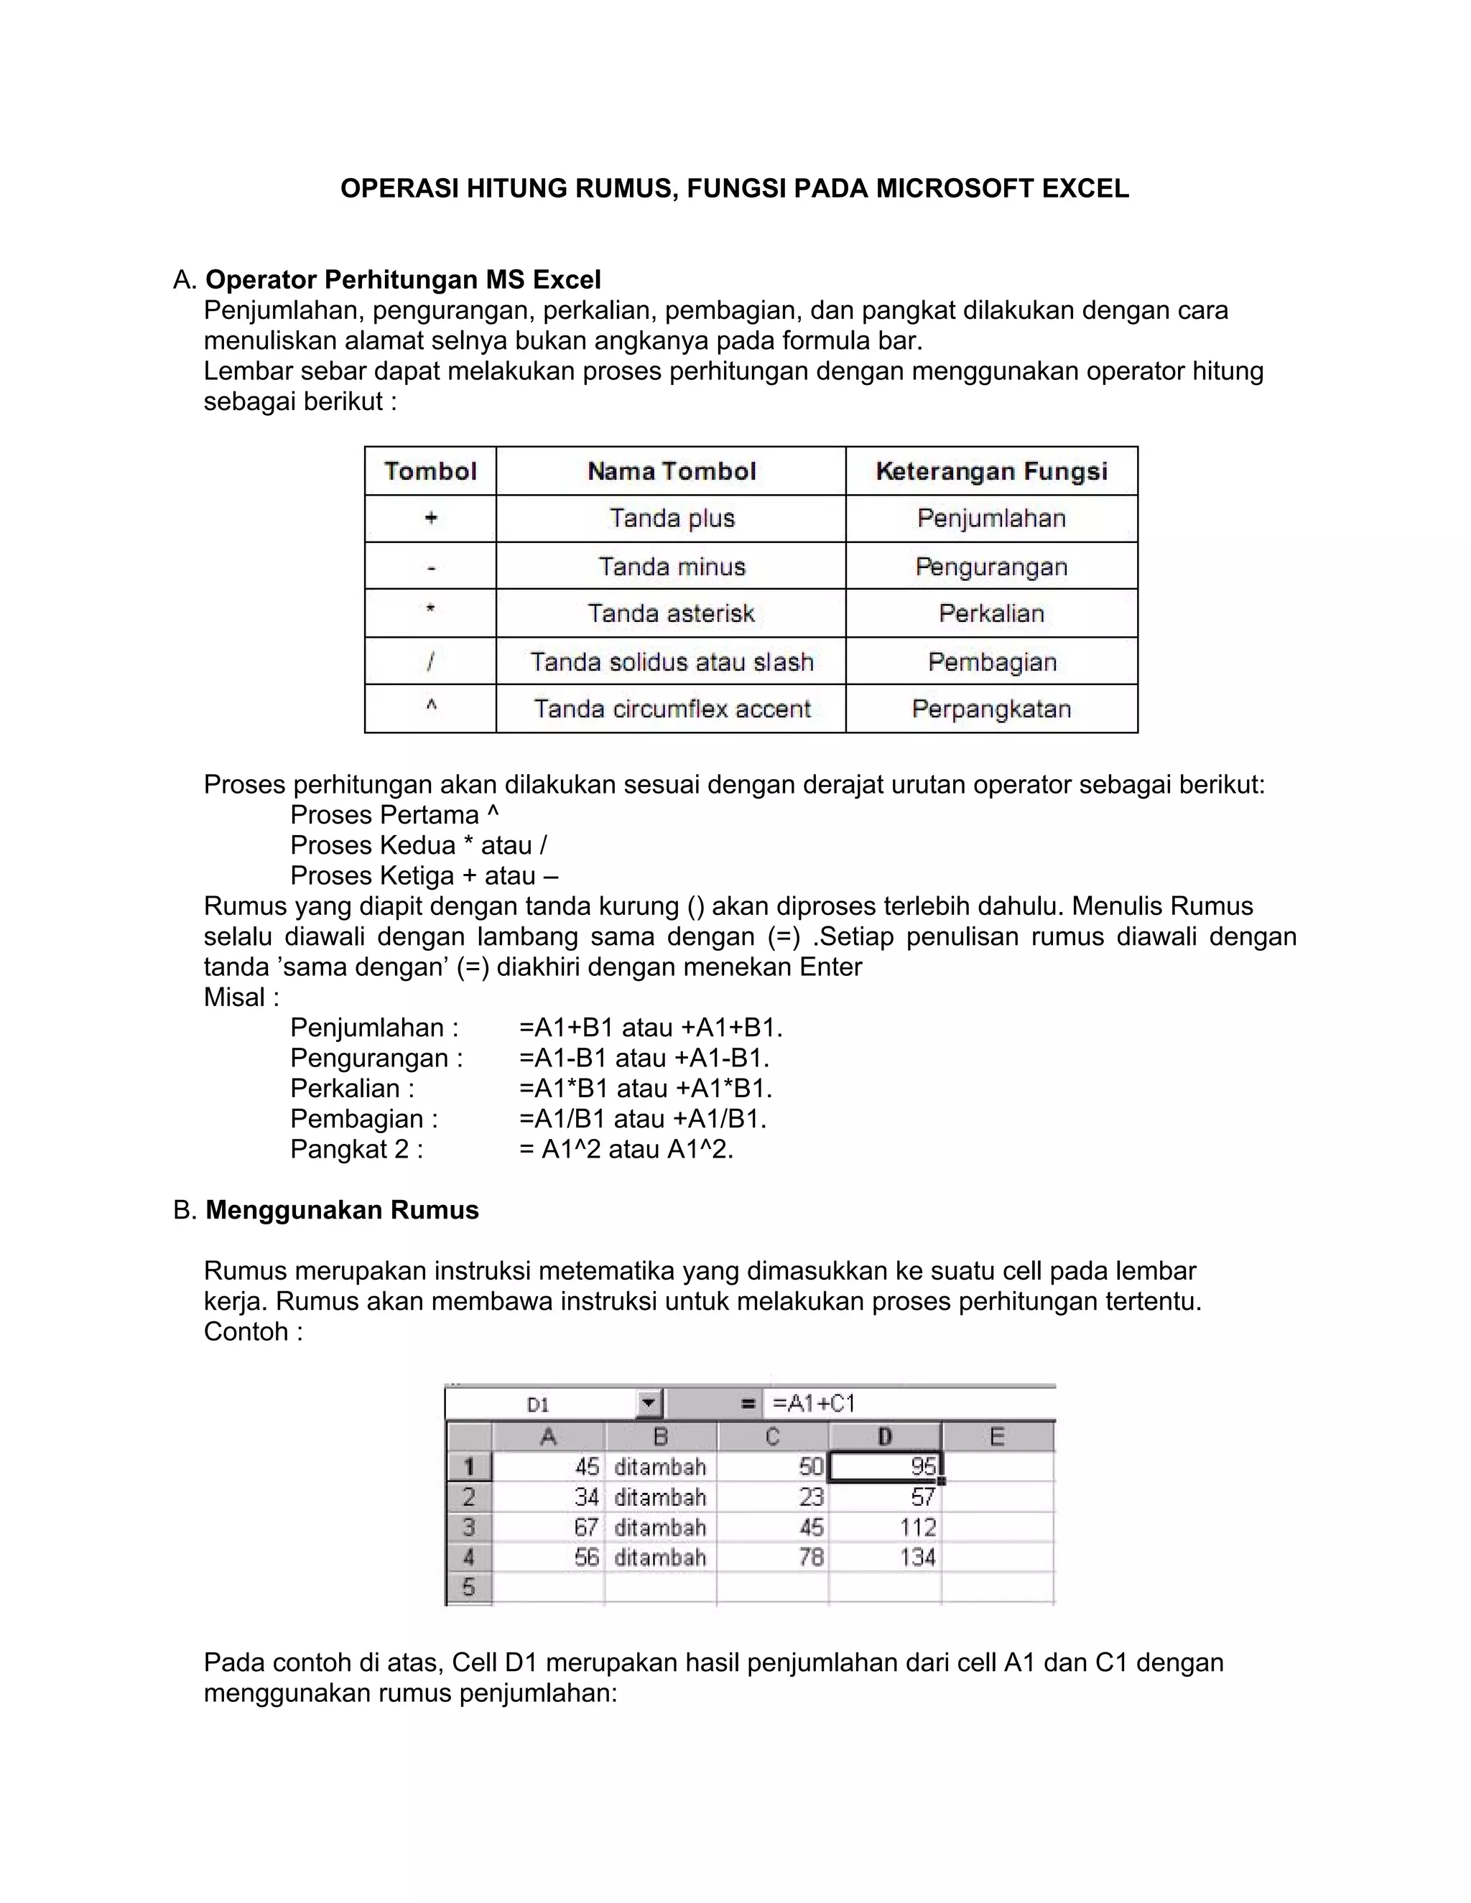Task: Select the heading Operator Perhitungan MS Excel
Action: click(403, 279)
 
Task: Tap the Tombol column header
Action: click(430, 471)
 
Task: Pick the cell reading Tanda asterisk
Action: click(670, 613)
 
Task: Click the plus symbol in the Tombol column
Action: click(430, 518)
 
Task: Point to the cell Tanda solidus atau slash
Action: click(671, 662)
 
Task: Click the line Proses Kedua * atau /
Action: click(418, 845)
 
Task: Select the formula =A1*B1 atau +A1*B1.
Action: click(645, 1088)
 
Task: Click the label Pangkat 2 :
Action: click(356, 1149)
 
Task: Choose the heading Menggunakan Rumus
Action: click(342, 1210)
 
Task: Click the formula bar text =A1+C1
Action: click(814, 1404)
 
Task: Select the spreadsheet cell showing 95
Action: click(884, 1466)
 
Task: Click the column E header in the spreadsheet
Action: click(997, 1437)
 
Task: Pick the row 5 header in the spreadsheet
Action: click(469, 1587)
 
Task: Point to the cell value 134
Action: click(917, 1557)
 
